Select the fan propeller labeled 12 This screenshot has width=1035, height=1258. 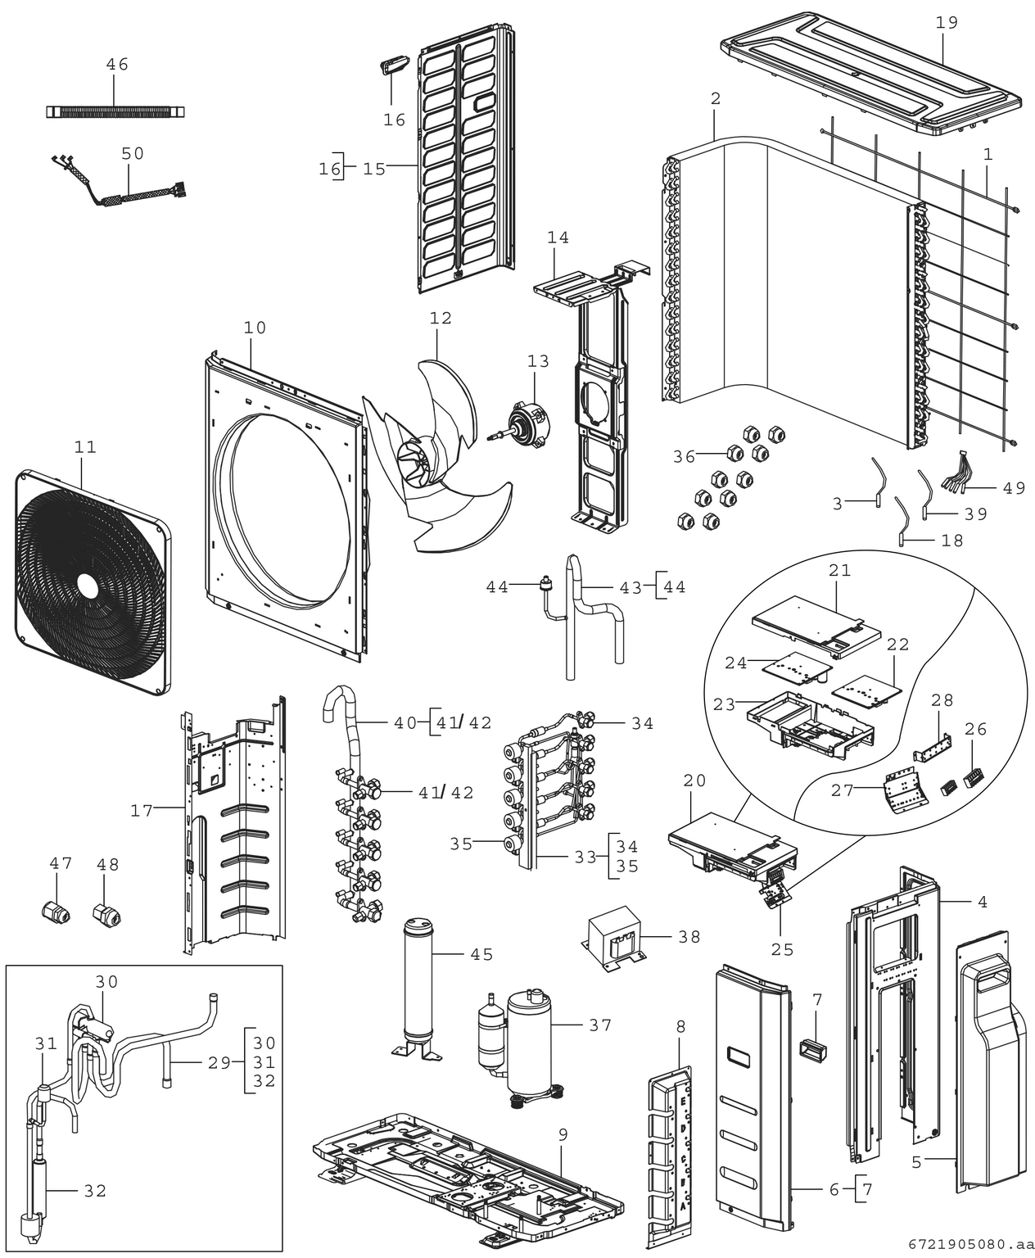[426, 459]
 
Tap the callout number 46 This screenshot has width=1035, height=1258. [117, 64]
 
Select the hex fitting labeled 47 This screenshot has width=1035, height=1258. [55, 909]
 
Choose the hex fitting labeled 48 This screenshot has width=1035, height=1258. [107, 910]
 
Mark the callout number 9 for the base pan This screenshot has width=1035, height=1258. [563, 1134]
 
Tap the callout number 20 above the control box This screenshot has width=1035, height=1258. [694, 781]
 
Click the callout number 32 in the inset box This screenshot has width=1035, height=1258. [96, 1191]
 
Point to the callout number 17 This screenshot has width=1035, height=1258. [142, 811]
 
